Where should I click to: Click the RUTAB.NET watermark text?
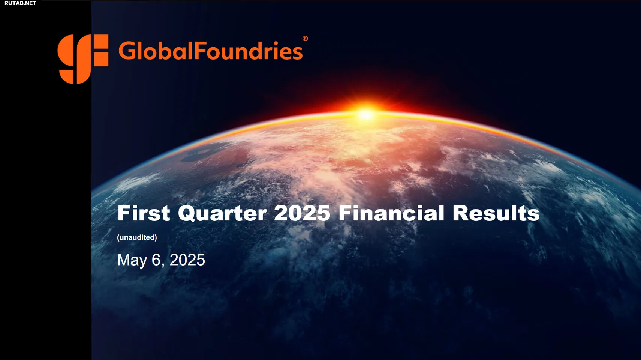pyautogui.click(x=20, y=3)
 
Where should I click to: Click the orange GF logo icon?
pyautogui.click(x=83, y=59)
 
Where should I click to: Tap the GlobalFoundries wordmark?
pyautogui.click(x=211, y=51)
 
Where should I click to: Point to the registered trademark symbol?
pyautogui.click(x=305, y=39)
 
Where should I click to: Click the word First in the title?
pyautogui.click(x=144, y=213)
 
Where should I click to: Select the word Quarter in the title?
pyautogui.click(x=222, y=214)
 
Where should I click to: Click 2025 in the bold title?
pyautogui.click(x=302, y=213)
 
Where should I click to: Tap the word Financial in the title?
pyautogui.click(x=391, y=213)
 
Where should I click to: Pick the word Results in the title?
pyautogui.click(x=496, y=213)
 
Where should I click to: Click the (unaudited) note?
pyautogui.click(x=137, y=237)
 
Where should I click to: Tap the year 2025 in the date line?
pyautogui.click(x=187, y=260)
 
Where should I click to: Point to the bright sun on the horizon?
pyautogui.click(x=366, y=114)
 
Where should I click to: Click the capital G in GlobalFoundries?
pyautogui.click(x=127, y=51)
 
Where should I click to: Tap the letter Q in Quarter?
pyautogui.click(x=188, y=214)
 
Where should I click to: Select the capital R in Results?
pyautogui.click(x=461, y=213)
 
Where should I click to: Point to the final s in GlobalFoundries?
pyautogui.click(x=298, y=53)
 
